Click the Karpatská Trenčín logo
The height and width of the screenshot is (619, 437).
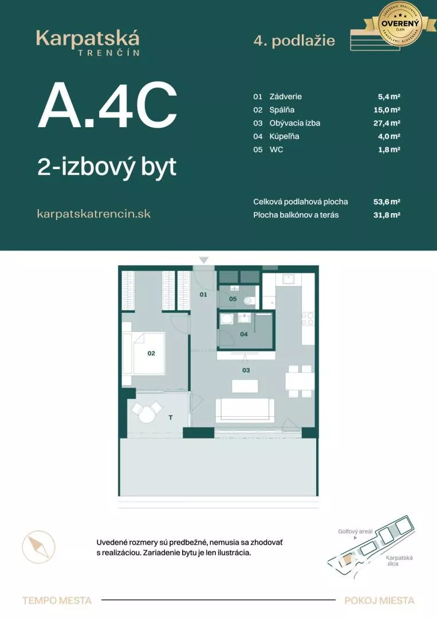[88, 43]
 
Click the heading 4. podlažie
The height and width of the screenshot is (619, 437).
[294, 41]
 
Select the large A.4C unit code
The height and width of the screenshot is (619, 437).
[107, 107]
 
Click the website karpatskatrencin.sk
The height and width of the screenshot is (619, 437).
[94, 213]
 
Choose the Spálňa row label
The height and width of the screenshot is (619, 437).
[282, 110]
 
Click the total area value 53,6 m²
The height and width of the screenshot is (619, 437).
[386, 202]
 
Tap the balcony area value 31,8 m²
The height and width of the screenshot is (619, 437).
[386, 215]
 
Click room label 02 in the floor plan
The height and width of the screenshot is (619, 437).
[151, 354]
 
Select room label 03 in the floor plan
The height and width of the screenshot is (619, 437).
[246, 370]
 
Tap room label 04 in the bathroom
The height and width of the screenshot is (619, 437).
[243, 334]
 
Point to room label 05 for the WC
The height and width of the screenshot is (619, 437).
[233, 299]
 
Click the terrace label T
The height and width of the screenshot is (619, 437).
[170, 418]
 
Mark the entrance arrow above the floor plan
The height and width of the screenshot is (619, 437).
[204, 261]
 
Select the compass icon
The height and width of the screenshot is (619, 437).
[39, 546]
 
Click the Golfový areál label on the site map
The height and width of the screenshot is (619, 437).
[355, 531]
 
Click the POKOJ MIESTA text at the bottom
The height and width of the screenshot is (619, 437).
[379, 601]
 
